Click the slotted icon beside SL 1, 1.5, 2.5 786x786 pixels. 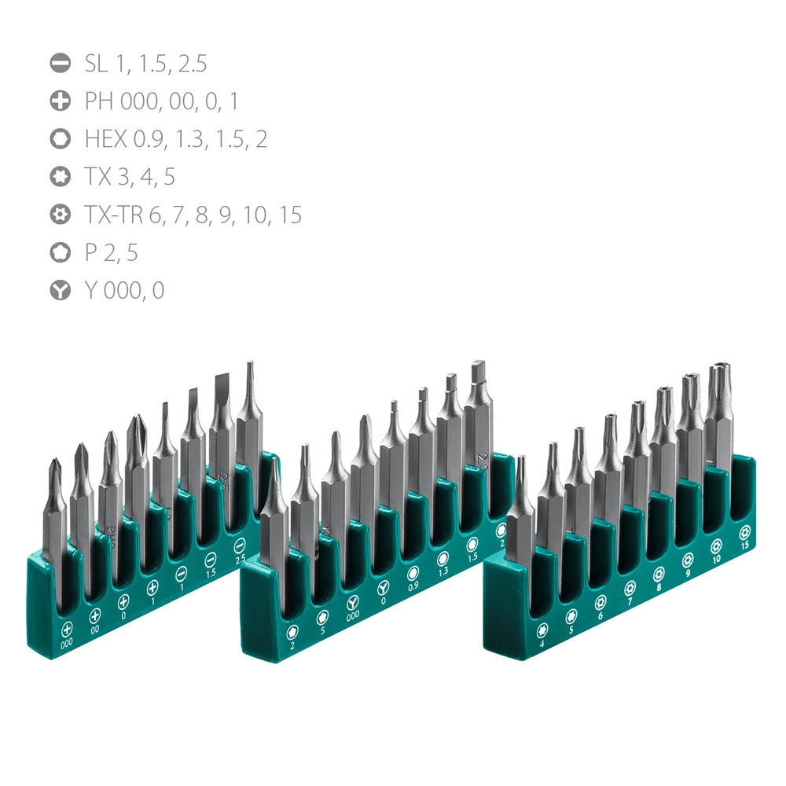[60, 64]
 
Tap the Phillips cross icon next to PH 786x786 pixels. [60, 101]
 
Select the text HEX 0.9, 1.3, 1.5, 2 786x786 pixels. [175, 139]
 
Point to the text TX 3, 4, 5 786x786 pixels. [130, 177]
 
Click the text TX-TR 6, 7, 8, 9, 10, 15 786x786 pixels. [193, 215]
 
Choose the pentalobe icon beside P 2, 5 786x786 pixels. [60, 252]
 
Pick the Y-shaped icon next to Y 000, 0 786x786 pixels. [60, 290]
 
